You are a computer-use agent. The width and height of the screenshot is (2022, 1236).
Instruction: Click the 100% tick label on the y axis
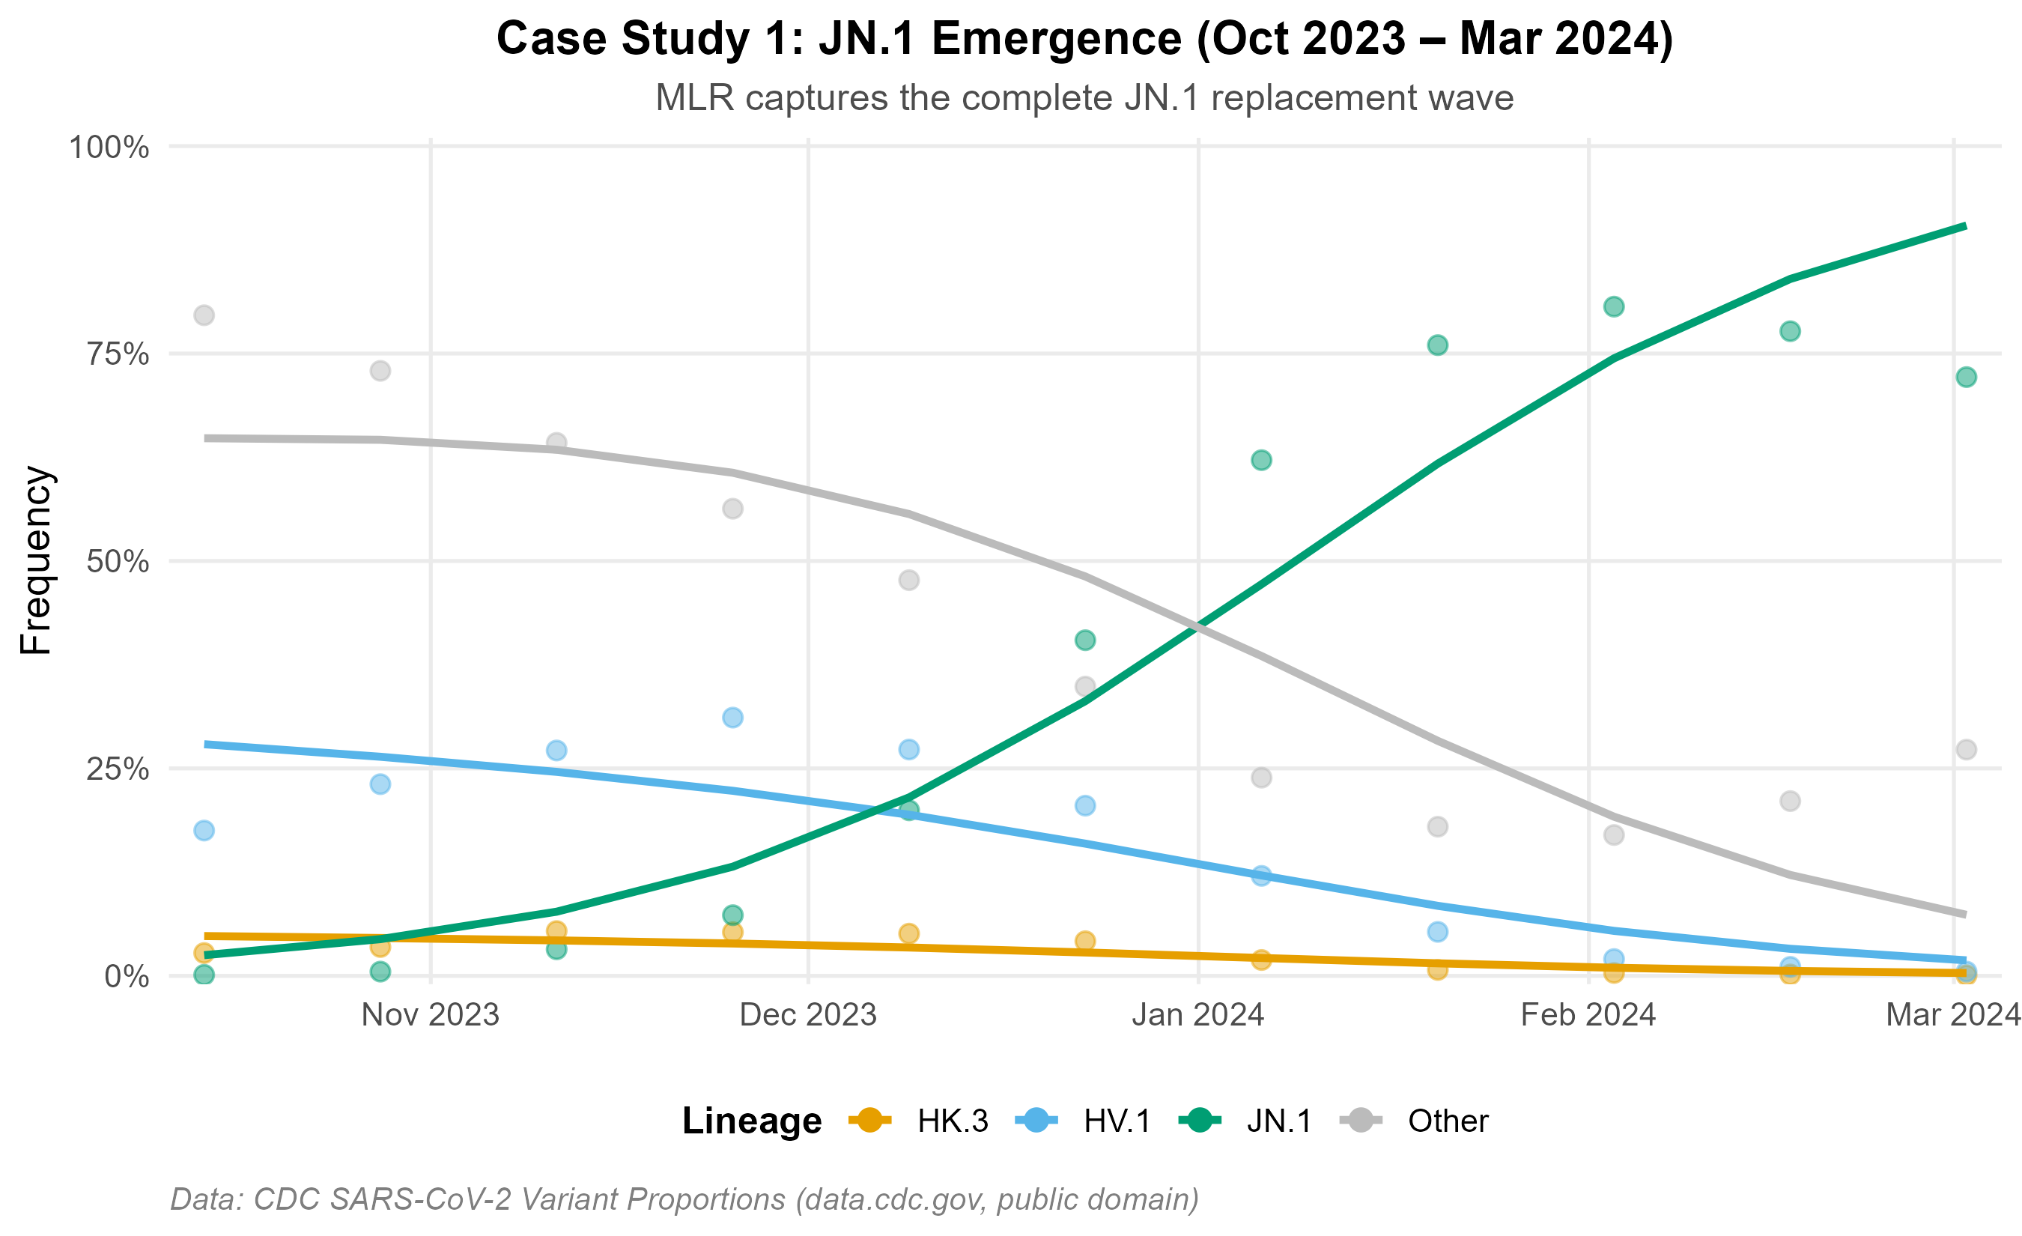click(109, 148)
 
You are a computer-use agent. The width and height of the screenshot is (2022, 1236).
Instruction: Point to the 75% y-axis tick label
click(118, 355)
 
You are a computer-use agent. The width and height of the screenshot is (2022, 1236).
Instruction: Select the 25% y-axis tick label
click(118, 770)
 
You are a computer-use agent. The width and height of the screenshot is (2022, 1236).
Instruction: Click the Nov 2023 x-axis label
click(430, 1015)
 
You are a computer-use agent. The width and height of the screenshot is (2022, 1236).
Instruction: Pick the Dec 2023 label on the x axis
click(807, 1015)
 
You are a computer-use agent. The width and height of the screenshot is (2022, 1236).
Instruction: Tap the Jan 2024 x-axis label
click(1197, 1015)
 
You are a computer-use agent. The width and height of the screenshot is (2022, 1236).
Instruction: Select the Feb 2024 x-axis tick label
click(1588, 1015)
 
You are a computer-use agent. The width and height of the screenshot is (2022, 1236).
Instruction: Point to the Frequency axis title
click(36, 560)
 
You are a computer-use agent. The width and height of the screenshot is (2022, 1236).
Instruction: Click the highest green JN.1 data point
click(1613, 307)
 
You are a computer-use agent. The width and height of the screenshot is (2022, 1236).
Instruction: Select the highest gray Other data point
click(204, 315)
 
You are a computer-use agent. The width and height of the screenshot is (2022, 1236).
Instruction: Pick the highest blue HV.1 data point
click(733, 718)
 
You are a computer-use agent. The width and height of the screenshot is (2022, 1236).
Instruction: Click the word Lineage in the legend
click(752, 1121)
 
